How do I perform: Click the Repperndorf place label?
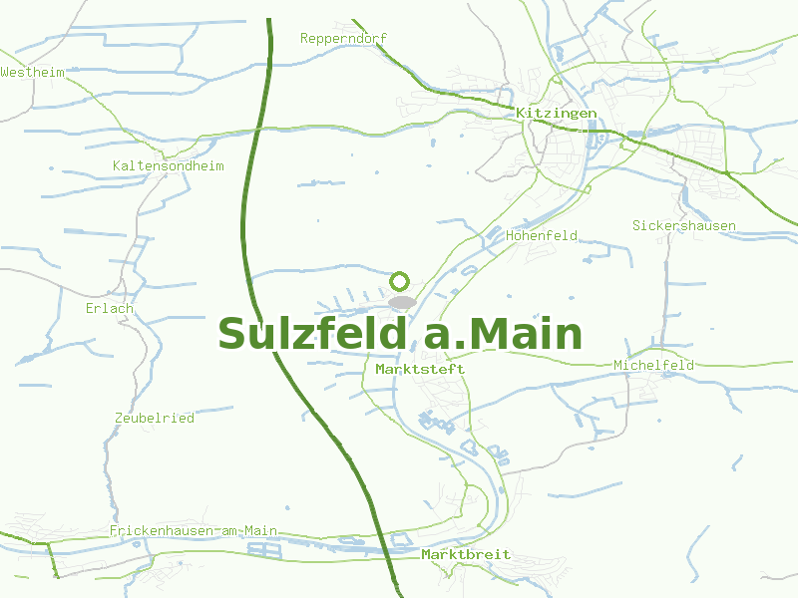click(343, 38)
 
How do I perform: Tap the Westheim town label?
click(33, 73)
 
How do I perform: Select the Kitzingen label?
click(557, 114)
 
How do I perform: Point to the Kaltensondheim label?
click(169, 165)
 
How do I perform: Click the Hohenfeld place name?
click(542, 236)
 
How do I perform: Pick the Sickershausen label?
click(684, 225)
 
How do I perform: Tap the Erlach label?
click(110, 308)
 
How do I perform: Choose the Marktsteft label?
click(420, 369)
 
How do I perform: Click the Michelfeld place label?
click(654, 365)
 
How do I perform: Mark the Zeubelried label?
click(155, 418)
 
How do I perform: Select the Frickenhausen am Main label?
click(194, 531)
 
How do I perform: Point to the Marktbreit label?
click(466, 554)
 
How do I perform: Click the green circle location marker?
click(400, 281)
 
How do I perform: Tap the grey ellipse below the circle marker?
click(401, 302)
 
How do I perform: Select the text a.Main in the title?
click(504, 335)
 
